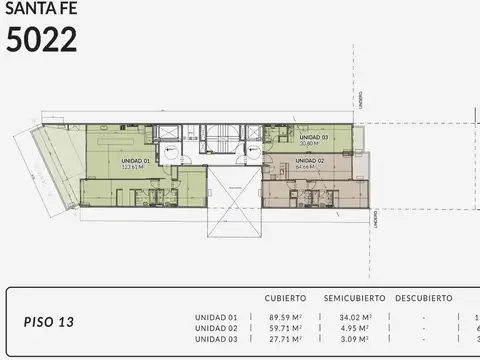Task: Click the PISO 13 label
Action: click(48, 322)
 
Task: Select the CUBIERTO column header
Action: click(285, 298)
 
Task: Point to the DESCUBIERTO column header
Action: click(423, 298)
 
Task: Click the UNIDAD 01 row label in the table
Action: click(217, 318)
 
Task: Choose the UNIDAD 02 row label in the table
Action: click(217, 328)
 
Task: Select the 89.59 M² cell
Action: click(285, 318)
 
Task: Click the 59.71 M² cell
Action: click(285, 328)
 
